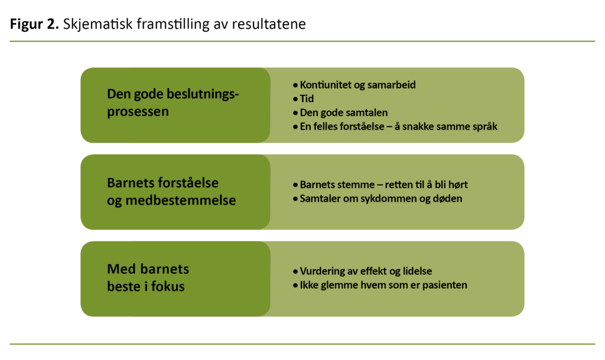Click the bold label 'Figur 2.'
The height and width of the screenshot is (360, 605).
point(34,25)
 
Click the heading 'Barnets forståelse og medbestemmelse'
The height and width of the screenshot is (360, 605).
point(171,192)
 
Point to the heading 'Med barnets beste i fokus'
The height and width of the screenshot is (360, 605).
point(148,278)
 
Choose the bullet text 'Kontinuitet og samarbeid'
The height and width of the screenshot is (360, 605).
point(357,85)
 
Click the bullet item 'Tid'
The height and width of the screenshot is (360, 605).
point(307,99)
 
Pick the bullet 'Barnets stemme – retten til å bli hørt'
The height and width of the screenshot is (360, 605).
point(383,185)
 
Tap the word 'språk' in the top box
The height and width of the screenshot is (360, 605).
point(484,127)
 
